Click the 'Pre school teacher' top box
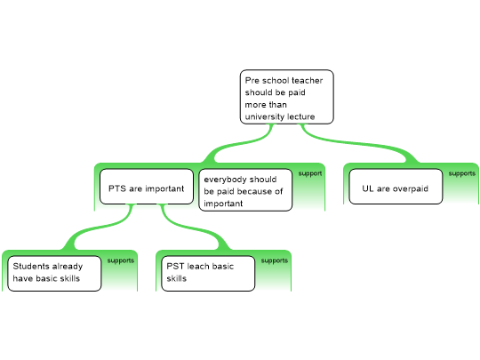[286, 97]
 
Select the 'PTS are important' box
[147, 187]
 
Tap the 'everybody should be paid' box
[245, 190]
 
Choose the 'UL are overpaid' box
[396, 187]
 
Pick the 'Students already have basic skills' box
[54, 274]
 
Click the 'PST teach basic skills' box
[208, 274]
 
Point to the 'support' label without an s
[310, 173]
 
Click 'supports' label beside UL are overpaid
[462, 173]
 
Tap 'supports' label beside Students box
[121, 260]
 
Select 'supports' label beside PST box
[275, 260]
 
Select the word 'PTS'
[117, 188]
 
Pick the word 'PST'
[175, 266]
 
